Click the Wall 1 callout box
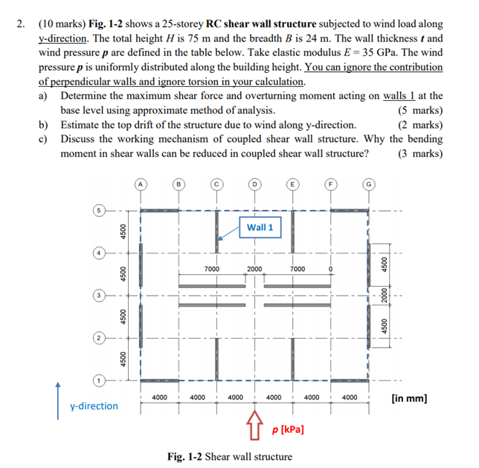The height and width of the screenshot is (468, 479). (x=260, y=227)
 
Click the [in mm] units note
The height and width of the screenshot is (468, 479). (x=408, y=398)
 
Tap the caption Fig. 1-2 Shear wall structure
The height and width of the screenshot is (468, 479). (x=230, y=456)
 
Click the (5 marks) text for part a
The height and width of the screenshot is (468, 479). (x=420, y=110)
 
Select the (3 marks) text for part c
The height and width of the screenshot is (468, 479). (x=420, y=154)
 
